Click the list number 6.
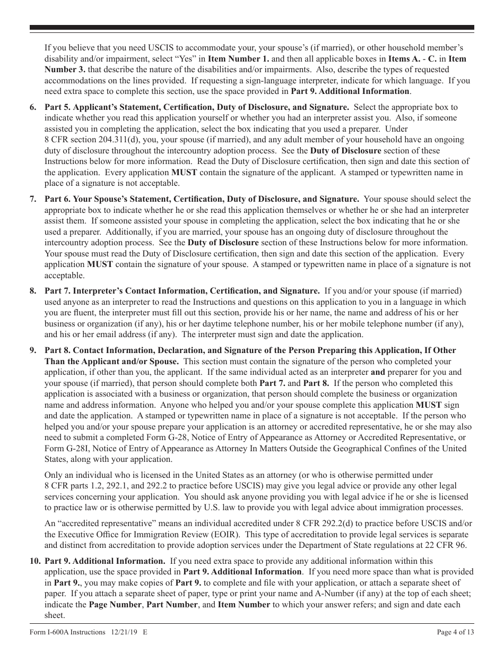[x=33, y=107]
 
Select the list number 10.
[x=34, y=561]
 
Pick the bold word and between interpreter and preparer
[x=378, y=372]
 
